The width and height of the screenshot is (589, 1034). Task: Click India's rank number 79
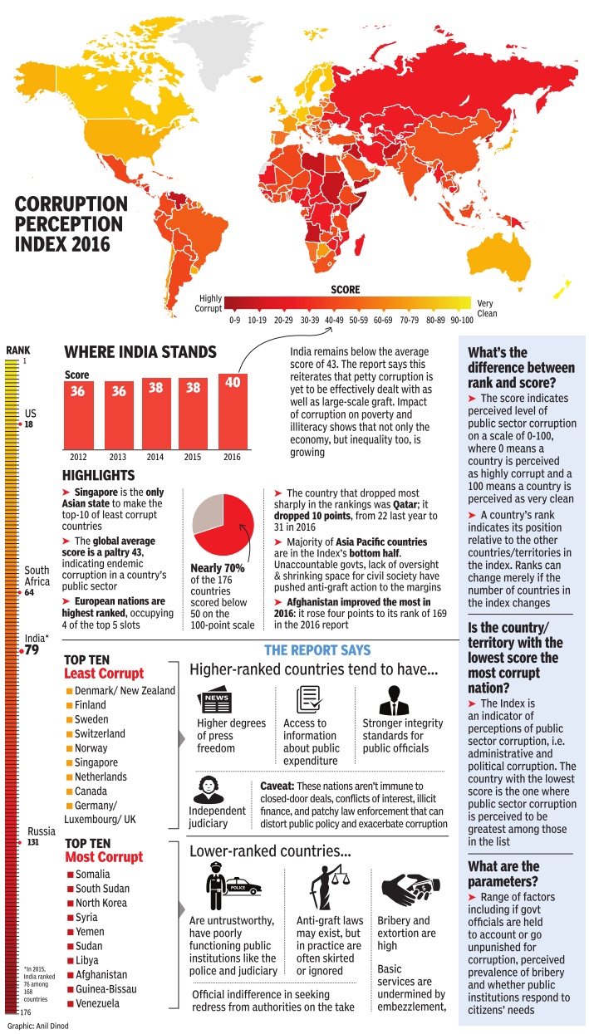[32, 650]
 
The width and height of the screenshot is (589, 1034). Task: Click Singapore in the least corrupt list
[96, 762]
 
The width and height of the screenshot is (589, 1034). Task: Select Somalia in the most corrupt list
[92, 875]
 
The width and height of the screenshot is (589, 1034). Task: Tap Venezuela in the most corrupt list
[97, 1003]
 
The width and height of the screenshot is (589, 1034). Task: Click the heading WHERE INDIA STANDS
[140, 352]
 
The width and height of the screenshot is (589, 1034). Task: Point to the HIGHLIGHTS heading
[98, 476]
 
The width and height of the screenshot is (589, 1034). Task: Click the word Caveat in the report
[272, 786]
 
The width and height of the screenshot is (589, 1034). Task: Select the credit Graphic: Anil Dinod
[37, 1027]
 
